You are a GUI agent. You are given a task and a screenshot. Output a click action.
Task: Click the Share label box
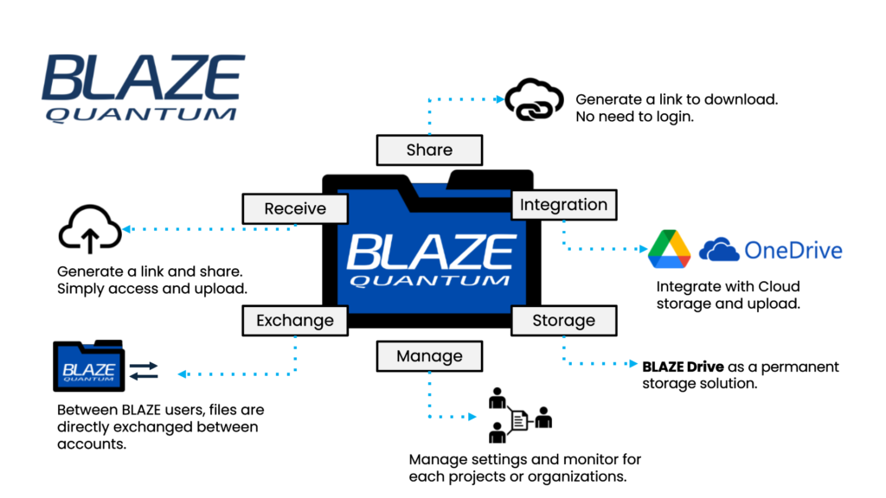click(429, 150)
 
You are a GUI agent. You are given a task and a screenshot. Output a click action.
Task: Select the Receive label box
click(295, 208)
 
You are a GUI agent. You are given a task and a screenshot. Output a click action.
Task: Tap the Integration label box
click(563, 205)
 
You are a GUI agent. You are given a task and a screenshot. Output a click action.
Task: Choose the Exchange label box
click(295, 321)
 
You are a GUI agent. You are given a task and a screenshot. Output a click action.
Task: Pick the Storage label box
click(563, 321)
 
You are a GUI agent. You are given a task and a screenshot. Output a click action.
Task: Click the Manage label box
click(429, 355)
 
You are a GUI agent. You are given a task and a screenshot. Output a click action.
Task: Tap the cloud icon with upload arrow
click(90, 228)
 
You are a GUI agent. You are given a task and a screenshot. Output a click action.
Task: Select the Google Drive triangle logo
click(669, 249)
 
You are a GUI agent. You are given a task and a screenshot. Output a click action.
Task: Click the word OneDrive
click(793, 251)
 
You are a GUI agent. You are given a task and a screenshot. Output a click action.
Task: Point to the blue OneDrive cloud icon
click(719, 251)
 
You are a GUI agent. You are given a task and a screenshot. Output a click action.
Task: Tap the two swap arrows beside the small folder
click(144, 372)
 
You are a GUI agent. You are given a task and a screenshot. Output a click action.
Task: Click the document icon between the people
click(519, 421)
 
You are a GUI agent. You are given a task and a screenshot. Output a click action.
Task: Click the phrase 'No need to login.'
click(634, 116)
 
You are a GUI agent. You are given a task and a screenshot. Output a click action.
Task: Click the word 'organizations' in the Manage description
click(581, 476)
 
